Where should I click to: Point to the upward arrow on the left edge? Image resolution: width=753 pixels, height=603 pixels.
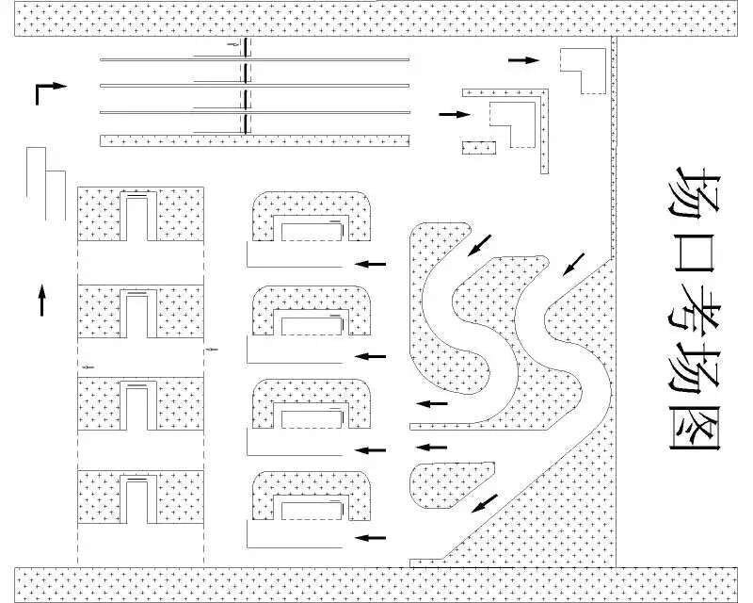[x=41, y=301]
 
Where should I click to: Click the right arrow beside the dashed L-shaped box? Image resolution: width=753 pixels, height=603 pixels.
[x=523, y=60]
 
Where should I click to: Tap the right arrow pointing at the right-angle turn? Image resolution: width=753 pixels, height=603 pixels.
[x=454, y=114]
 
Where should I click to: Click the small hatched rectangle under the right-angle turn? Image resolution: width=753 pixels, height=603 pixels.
[x=478, y=148]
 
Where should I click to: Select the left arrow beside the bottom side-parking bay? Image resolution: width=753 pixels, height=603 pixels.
[x=371, y=538]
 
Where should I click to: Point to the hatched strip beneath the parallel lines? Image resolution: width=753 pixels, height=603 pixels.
[x=254, y=140]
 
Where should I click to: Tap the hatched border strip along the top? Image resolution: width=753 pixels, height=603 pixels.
[x=376, y=18]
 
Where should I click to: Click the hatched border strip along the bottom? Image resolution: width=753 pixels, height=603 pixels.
[x=376, y=584]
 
